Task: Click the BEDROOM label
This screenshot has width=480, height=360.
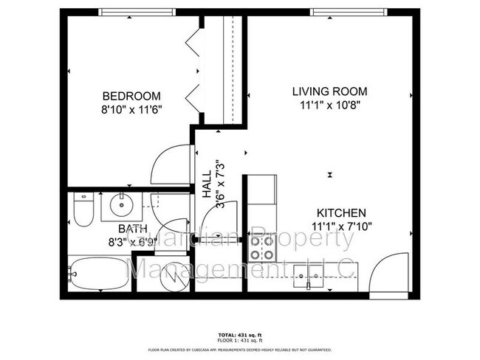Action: (131, 96)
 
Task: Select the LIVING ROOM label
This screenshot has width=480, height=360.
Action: (329, 91)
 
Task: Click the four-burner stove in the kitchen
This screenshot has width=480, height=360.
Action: (261, 247)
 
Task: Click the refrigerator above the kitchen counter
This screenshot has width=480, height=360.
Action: (262, 190)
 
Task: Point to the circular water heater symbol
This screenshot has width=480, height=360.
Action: (163, 277)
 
